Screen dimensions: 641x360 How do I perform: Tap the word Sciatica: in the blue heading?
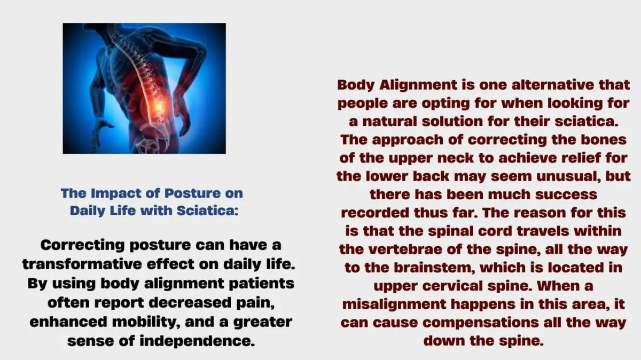[208, 211]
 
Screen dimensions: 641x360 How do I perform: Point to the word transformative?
[82, 264]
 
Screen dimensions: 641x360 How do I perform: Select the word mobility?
[146, 322]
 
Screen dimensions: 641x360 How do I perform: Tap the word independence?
[197, 341]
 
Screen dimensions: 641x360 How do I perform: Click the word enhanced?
[69, 322]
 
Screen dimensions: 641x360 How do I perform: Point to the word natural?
[390, 122]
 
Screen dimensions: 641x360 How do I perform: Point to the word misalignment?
[394, 304]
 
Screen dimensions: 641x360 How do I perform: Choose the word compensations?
[481, 323]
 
